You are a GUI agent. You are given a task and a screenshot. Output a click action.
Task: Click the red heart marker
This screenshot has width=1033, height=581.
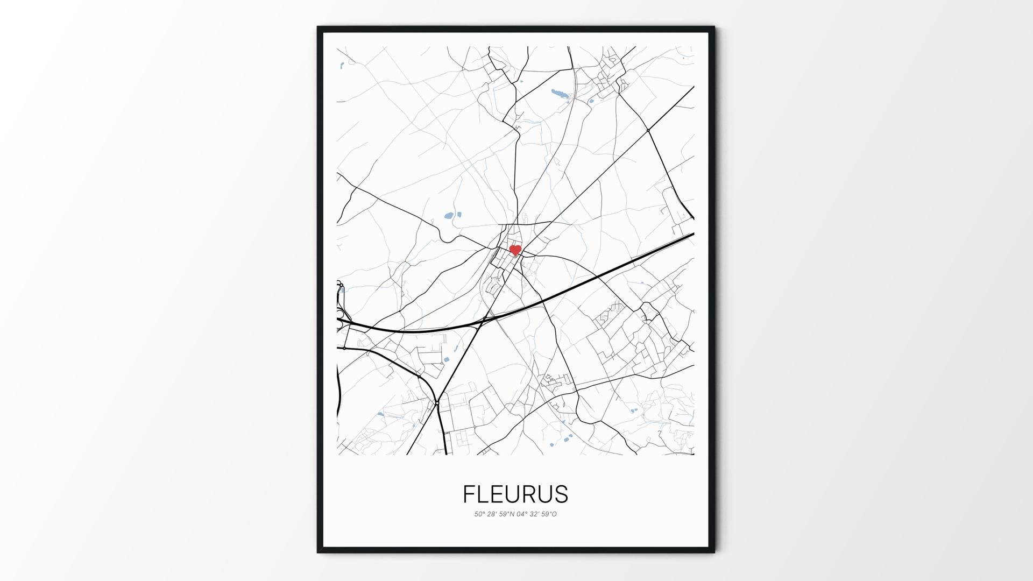pos(515,250)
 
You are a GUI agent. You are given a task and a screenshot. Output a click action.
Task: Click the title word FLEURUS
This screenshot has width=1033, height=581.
pos(515,494)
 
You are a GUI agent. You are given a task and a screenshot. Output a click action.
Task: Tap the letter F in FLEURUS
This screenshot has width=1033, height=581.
pos(469,494)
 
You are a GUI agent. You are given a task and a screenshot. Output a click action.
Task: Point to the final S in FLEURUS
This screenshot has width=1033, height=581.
pos(561,494)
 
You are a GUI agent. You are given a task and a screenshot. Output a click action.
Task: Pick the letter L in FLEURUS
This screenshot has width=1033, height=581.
pos(483,494)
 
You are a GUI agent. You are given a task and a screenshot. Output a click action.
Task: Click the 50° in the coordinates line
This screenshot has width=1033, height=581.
pos(480,514)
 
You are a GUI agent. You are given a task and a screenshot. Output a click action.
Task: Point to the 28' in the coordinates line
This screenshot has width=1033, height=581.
pos(492,514)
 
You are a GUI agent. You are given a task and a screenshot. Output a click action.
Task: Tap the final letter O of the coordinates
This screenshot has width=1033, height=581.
pos(554,514)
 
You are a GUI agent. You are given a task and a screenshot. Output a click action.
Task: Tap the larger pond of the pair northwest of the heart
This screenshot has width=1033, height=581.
pos(448,216)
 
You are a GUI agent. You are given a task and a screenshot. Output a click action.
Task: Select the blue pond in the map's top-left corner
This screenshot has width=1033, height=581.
pos(342,66)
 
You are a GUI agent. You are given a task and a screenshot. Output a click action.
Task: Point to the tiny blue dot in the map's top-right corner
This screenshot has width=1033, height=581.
pos(683,58)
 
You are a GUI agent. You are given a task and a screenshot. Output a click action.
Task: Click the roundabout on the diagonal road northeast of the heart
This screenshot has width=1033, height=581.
pos(648,130)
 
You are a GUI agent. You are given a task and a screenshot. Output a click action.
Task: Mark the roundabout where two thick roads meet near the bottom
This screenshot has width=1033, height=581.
pos(437,402)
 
